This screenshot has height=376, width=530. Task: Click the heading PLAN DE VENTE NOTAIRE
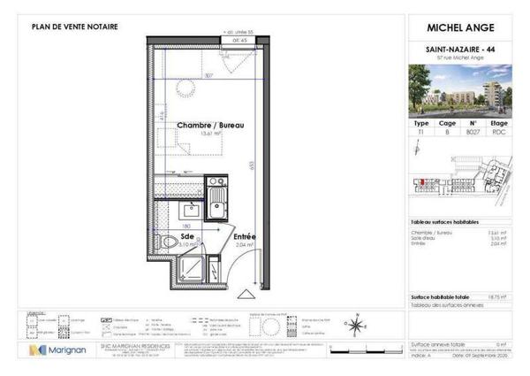[74, 27]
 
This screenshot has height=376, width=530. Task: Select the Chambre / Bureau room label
[209, 126]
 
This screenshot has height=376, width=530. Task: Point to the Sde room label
[186, 237]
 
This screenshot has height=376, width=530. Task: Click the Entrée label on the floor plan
[244, 237]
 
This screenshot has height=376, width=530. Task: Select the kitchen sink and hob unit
[216, 198]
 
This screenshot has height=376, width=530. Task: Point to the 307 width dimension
[209, 75]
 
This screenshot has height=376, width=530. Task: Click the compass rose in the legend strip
[353, 325]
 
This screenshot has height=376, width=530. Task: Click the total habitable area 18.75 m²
[500, 297]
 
